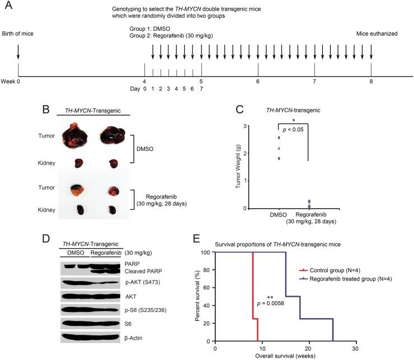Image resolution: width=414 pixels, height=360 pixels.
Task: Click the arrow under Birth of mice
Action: tap(18, 51)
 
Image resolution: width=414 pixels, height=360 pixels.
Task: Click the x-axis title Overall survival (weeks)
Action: tap(284, 356)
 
